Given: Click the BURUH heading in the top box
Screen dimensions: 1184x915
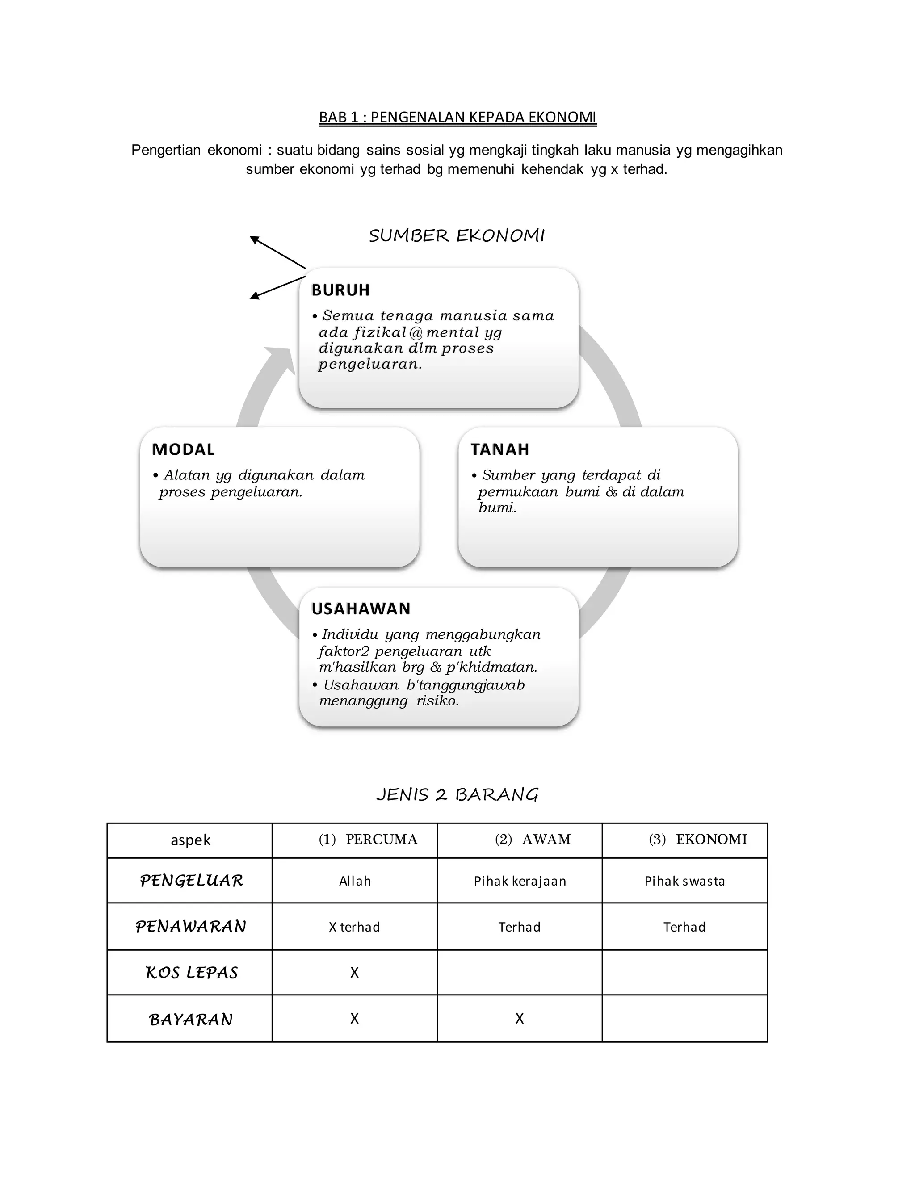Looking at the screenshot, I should (x=340, y=290).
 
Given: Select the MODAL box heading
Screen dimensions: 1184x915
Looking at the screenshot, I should (x=183, y=449).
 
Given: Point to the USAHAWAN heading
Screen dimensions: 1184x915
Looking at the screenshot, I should (x=361, y=609).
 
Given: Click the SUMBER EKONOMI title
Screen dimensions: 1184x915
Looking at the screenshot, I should (x=457, y=236).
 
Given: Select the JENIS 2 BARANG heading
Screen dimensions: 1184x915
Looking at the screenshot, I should (x=457, y=795).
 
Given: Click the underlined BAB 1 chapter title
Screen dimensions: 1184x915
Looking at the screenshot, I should (x=457, y=117).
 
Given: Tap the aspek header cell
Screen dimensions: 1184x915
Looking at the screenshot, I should (x=190, y=840).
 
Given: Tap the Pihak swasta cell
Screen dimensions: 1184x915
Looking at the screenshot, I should (x=684, y=881).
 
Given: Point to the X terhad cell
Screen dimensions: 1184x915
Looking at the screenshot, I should (x=354, y=927).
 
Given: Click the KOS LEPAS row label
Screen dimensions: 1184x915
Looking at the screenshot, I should (x=191, y=973).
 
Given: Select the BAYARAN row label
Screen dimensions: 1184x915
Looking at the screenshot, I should (x=191, y=1020).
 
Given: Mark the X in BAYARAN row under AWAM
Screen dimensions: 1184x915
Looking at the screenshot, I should (x=519, y=1019).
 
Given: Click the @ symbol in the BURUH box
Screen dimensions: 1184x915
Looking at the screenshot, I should (x=416, y=332).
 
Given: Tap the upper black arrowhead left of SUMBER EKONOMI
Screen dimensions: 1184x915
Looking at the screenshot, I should (x=254, y=239).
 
